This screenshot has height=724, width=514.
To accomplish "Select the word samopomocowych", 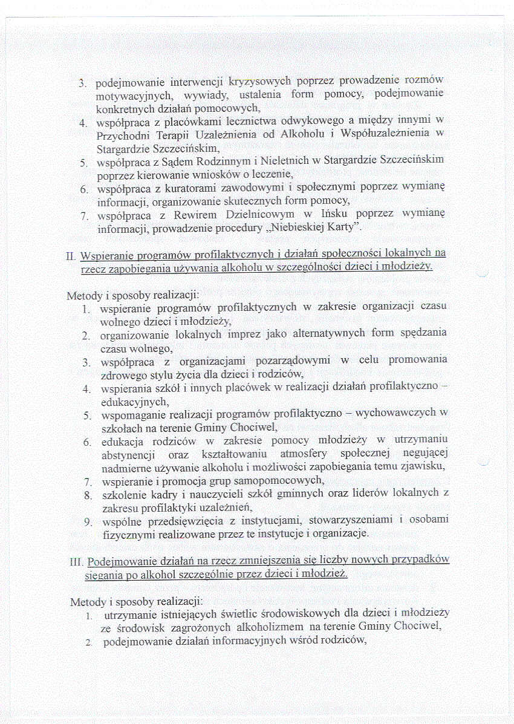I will click(x=274, y=481).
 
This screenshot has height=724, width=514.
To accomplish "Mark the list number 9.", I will click(x=87, y=521).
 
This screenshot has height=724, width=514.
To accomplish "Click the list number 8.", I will click(x=87, y=495).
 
